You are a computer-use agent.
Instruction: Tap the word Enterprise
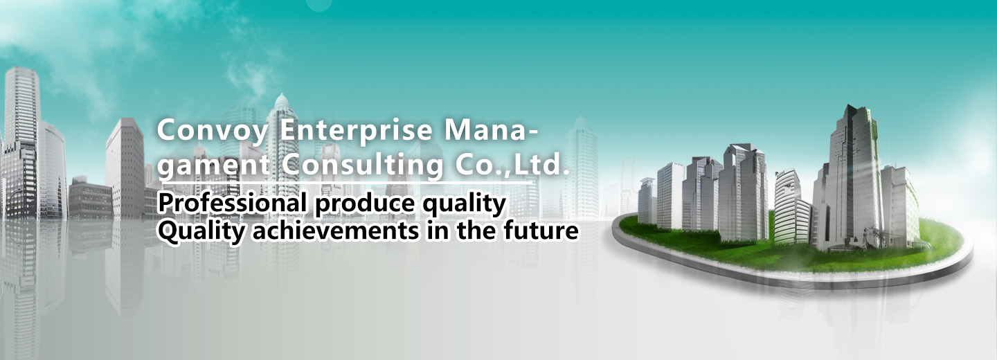[x=357, y=132]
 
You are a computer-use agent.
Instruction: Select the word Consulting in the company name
[x=363, y=165]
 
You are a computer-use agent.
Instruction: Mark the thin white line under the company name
[x=347, y=183]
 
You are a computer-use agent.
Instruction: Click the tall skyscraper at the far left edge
[x=21, y=143]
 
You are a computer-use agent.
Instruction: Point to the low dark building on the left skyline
[x=90, y=199]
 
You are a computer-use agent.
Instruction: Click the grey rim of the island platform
[x=792, y=276]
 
